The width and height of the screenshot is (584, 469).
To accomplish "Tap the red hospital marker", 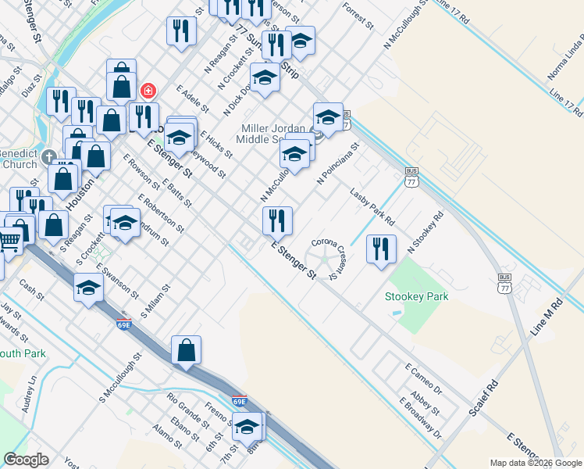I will (147, 91).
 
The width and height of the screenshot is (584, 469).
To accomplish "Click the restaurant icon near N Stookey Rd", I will (381, 249).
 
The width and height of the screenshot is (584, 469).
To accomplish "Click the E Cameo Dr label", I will (423, 378).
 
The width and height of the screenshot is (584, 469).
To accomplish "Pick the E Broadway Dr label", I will (420, 418).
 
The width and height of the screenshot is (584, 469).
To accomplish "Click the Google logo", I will (26, 460).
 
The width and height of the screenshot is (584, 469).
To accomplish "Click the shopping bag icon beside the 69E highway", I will (187, 350).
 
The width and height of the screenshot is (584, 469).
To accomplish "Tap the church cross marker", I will (49, 155).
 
